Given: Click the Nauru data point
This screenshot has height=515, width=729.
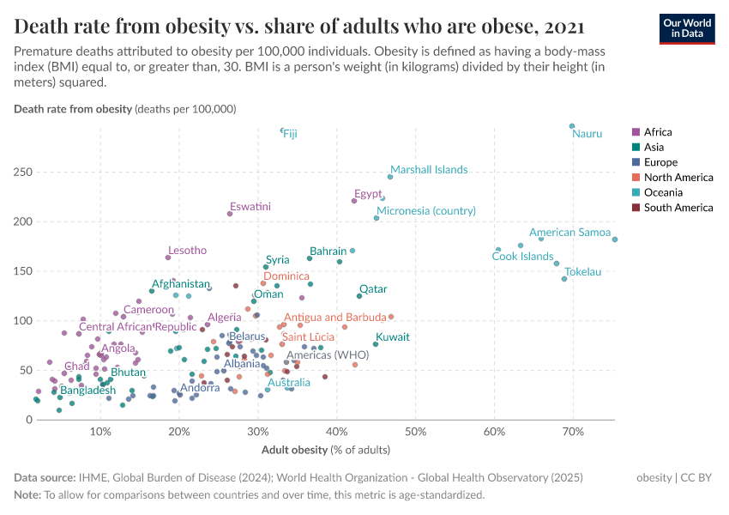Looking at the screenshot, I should click(572, 126).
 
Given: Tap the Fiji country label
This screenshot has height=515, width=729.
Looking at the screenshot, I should click(291, 134).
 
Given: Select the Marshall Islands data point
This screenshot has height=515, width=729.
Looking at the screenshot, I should click(390, 177).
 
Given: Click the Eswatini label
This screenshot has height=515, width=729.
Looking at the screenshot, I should click(250, 206).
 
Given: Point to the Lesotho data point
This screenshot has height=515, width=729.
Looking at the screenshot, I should click(168, 257).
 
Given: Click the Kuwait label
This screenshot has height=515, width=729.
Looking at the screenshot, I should click(393, 336).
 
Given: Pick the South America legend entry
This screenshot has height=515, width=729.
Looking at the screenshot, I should click(678, 208).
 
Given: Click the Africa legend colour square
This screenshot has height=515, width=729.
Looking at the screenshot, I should click(635, 132).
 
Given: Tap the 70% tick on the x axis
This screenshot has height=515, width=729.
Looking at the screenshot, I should click(573, 430).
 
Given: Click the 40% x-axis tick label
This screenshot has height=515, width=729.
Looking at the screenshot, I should click(336, 430).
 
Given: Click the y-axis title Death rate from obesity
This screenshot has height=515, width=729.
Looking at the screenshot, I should click(72, 109).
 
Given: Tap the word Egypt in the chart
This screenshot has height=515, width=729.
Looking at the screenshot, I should click(368, 193).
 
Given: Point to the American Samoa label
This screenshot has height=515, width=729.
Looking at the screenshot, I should click(569, 233).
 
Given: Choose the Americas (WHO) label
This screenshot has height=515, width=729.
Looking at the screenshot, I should click(327, 354).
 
